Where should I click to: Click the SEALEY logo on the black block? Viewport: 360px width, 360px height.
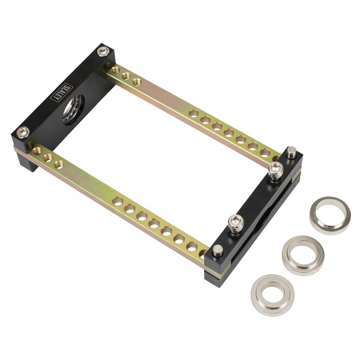click(62, 92)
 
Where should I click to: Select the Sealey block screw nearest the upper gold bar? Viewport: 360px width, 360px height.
click(103, 52)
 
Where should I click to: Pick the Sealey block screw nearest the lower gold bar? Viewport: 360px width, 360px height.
click(23, 132)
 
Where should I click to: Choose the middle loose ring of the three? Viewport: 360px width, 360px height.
click(302, 254)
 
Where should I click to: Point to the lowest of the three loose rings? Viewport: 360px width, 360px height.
click(272, 293)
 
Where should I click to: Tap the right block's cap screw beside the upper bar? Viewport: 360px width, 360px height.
click(275, 170)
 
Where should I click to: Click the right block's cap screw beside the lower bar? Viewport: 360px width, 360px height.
click(236, 223)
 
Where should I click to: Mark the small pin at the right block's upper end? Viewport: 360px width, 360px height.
click(292, 153)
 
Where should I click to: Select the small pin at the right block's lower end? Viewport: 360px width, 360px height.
click(218, 250)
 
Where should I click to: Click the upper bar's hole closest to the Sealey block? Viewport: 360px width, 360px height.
click(115, 70)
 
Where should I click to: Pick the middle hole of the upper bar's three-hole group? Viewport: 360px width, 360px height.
click(126, 76)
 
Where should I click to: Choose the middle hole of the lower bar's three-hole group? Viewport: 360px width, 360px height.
click(47, 157)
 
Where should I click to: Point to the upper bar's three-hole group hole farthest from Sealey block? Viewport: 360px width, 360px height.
click(137, 81)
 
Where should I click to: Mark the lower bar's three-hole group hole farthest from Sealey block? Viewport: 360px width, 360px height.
click(58, 163)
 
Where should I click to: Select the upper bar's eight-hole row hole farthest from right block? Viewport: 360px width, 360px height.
click(193, 113)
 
